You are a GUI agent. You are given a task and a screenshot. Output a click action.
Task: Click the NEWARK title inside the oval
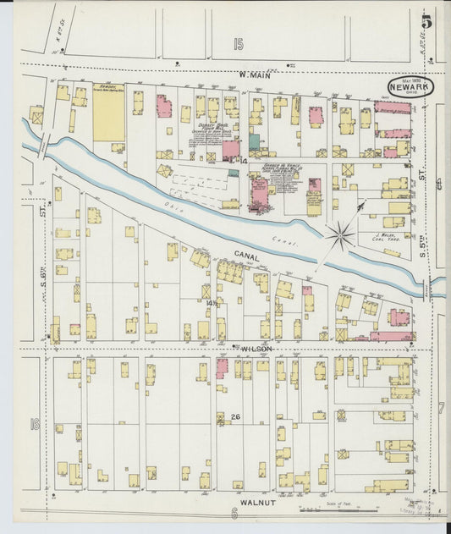[410, 86]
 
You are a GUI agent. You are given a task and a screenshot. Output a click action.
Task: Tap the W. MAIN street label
[254, 74]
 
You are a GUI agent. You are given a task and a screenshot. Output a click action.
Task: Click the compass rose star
[341, 235]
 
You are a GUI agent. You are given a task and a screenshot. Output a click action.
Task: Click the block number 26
[235, 416]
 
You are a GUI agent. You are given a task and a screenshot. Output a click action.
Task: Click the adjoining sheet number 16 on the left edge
[35, 423]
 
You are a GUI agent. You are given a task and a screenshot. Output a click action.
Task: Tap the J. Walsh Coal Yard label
[386, 237]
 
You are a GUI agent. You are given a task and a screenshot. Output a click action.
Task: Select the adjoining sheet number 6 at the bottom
[233, 513]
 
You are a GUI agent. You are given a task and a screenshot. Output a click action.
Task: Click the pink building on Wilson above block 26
[222, 367]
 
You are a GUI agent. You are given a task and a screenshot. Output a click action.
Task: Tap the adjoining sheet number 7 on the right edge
[441, 408]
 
